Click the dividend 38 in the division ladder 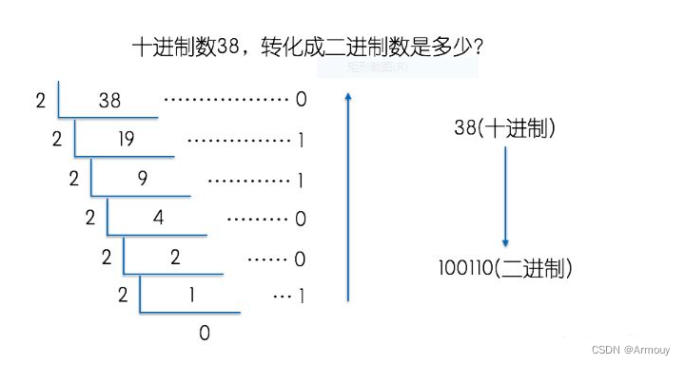point(109,100)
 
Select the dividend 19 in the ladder point(126,140)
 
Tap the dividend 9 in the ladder point(142,179)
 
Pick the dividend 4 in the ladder point(158,218)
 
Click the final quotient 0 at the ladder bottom point(204,333)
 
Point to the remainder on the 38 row point(301,100)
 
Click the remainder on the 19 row point(301,140)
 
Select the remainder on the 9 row point(301,179)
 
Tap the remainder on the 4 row point(301,219)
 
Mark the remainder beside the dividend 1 point(301,296)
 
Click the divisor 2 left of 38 point(40,100)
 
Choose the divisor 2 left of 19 point(57,140)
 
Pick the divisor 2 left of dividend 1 point(122,296)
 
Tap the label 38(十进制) point(505,128)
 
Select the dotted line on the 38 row point(225,100)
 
